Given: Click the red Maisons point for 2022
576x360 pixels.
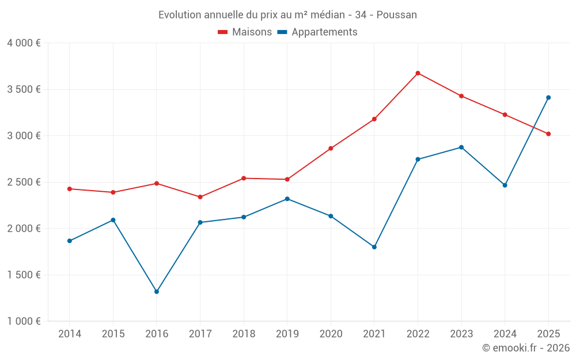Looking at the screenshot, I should [x=418, y=73].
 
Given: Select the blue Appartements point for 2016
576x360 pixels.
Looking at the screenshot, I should [x=157, y=291].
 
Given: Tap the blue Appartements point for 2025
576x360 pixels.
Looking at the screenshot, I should [x=548, y=97].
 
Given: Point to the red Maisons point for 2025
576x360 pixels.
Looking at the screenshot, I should [x=548, y=134].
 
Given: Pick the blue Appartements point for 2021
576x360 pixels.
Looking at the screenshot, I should [x=374, y=247].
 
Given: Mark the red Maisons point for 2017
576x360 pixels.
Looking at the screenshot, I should [x=200, y=197].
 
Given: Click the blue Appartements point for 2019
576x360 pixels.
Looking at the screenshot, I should [x=287, y=199].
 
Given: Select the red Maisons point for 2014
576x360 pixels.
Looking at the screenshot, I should [x=70, y=189].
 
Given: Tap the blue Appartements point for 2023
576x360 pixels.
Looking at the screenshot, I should [x=461, y=147].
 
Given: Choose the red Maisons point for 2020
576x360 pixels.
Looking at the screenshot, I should [x=331, y=148].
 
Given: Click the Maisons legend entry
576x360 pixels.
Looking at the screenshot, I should [x=245, y=32].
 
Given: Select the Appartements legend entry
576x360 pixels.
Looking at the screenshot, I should [x=317, y=32].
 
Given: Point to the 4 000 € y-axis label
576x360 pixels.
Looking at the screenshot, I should [x=24, y=43].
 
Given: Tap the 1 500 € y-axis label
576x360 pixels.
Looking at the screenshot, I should [x=24, y=275].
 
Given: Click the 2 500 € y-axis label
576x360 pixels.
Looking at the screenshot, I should [x=24, y=182].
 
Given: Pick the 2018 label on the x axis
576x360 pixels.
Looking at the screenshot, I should [x=244, y=334].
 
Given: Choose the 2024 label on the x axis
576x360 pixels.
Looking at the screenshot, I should [x=505, y=334].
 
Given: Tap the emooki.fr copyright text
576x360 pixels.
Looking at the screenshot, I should [x=526, y=348].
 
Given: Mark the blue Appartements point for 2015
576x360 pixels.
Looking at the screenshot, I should [x=113, y=220].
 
